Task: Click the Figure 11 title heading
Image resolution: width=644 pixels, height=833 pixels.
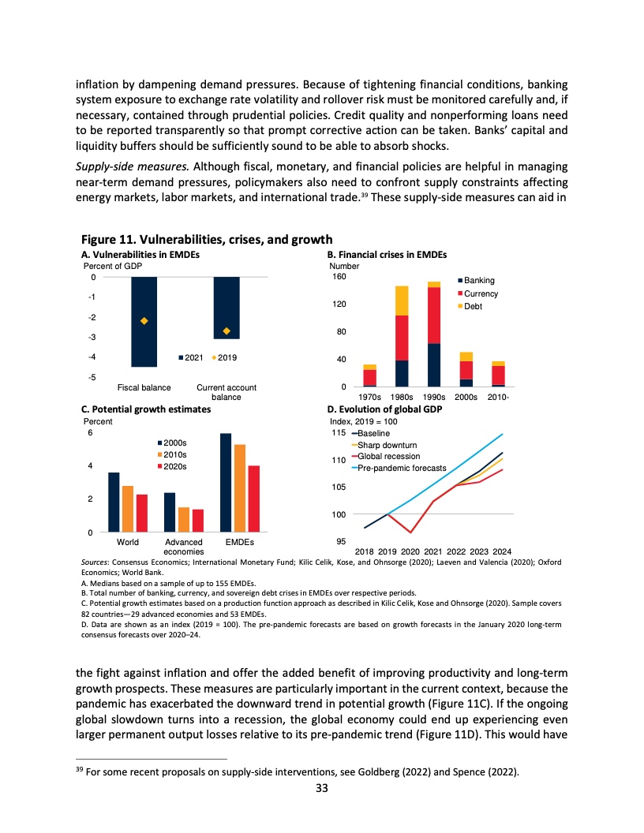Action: click(207, 240)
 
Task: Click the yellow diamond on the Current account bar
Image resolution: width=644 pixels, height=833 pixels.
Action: click(227, 331)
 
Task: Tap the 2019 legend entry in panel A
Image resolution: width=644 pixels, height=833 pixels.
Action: click(226, 357)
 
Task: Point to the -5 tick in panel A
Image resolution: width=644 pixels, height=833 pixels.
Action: click(92, 377)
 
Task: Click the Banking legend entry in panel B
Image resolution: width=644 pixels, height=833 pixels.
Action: click(478, 281)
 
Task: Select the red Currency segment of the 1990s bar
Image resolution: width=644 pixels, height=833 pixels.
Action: click(434, 316)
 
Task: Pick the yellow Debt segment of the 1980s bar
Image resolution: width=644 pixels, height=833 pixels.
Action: click(402, 301)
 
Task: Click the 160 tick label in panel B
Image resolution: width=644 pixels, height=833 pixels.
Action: click(338, 277)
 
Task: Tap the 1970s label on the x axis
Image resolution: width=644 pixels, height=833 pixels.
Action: click(370, 397)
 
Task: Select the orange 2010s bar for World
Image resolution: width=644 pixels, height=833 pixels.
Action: click(128, 510)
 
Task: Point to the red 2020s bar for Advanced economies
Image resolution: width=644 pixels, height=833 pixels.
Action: click(198, 521)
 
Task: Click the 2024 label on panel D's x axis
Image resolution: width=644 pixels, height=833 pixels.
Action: click(502, 550)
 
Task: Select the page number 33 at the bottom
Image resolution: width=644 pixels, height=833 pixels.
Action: click(322, 808)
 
